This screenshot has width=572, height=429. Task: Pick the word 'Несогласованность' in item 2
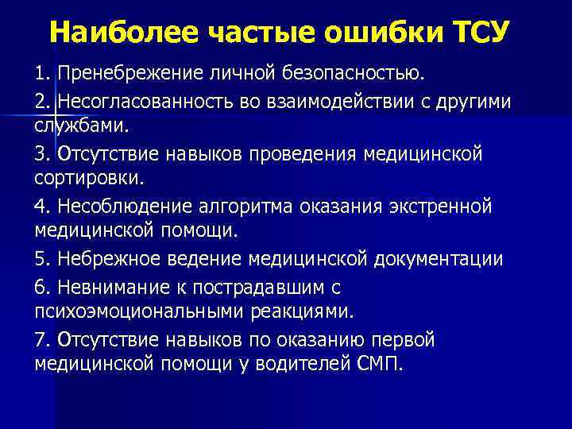(x=151, y=102)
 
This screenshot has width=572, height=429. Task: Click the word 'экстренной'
(x=438, y=207)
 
